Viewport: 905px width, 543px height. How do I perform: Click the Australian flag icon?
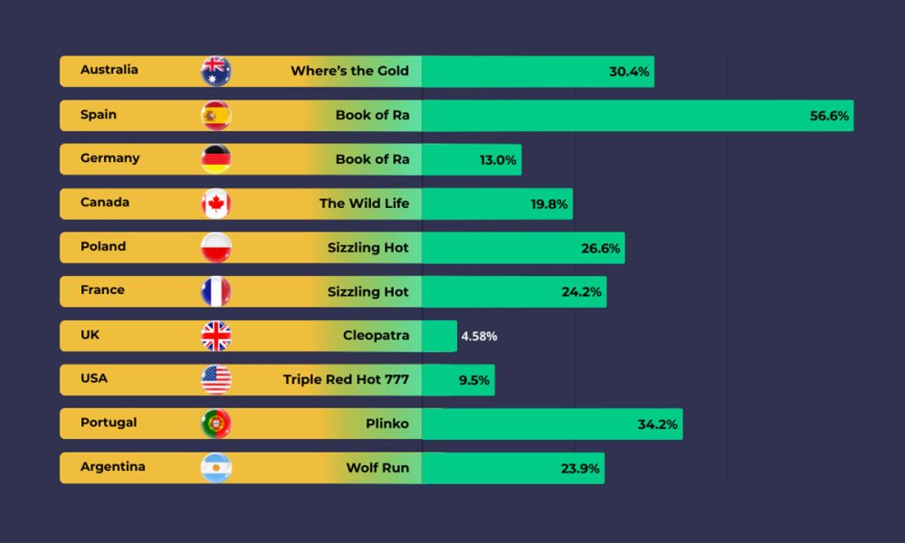(x=215, y=71)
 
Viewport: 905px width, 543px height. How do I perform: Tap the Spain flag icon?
(x=215, y=115)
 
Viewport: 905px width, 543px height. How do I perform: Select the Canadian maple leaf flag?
(x=215, y=204)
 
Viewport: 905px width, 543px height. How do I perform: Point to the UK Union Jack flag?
(x=215, y=336)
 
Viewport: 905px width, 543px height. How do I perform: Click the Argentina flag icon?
(x=215, y=468)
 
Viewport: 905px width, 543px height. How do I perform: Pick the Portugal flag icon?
(x=215, y=424)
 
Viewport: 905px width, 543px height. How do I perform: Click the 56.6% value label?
(x=828, y=116)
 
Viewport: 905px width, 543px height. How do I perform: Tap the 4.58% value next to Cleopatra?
(x=479, y=337)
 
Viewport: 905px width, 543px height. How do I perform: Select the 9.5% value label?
(x=473, y=380)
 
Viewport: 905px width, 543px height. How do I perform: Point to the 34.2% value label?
(x=657, y=424)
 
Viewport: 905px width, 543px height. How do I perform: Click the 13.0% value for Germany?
(x=498, y=160)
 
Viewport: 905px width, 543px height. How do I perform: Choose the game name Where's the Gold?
(x=349, y=71)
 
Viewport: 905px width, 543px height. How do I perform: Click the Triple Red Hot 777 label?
(x=346, y=379)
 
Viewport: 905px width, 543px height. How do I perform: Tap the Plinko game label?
(x=387, y=424)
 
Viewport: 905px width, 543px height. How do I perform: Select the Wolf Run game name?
(x=377, y=468)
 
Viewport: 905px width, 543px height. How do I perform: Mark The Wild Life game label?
(x=364, y=204)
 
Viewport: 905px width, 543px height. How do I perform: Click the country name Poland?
(x=103, y=246)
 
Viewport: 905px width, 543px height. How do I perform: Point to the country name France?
(x=102, y=291)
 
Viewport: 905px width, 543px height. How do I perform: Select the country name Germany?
(x=110, y=158)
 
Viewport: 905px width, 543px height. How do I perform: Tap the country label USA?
(x=94, y=378)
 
